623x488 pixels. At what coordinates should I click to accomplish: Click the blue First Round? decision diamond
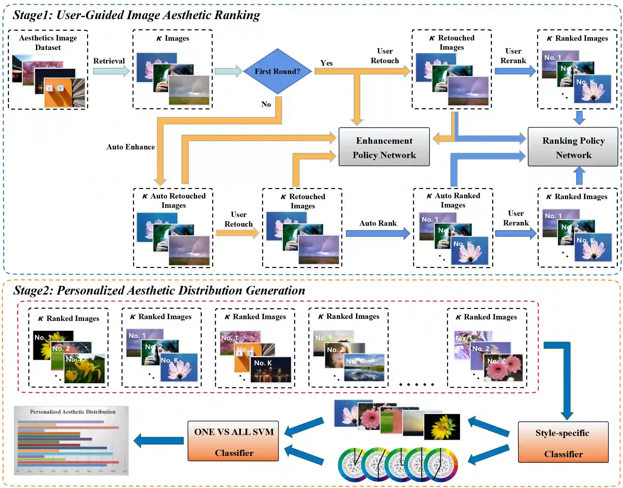pos(277,71)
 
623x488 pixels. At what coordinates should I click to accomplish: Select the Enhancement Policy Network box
pos(384,147)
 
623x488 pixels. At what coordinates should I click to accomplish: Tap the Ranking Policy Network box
pos(573,147)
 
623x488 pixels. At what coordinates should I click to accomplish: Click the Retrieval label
pos(109,61)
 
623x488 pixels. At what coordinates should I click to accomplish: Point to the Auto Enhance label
pos(131,147)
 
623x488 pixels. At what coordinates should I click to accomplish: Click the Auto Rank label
pos(378,223)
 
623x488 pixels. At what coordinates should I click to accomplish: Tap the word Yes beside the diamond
pos(326,63)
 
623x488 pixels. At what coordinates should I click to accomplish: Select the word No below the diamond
pos(266,104)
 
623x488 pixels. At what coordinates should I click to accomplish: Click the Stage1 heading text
pos(136,15)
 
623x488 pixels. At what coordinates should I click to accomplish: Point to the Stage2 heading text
pos(159,290)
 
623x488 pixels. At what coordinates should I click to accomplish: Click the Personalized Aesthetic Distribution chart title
pos(73,412)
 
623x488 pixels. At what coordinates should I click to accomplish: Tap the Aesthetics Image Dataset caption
pos(48,43)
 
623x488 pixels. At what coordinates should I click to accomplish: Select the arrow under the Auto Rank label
pos(378,234)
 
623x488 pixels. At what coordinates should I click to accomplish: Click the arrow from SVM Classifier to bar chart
pos(159,440)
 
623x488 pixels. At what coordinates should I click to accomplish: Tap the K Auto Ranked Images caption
pos(453,200)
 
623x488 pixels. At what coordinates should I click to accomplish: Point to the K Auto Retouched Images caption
pos(174,201)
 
